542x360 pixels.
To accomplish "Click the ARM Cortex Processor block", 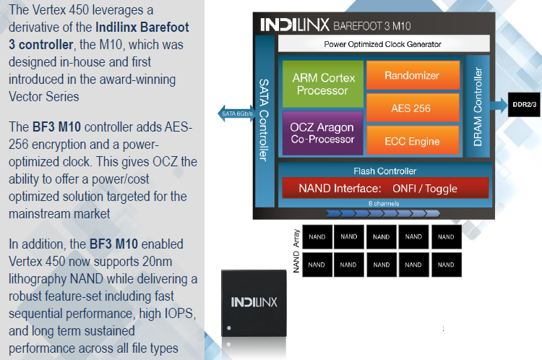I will tap(320, 84).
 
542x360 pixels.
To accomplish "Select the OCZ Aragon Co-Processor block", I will tap(322, 133).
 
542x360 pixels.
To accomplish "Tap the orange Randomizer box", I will tap(413, 75).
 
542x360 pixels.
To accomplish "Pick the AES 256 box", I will tap(413, 108).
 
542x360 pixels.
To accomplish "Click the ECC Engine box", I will tap(413, 141).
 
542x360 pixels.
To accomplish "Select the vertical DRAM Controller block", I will tap(477, 108).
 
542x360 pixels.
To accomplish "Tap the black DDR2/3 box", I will tap(525, 104).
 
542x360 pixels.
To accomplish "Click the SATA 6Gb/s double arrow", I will tap(235, 113).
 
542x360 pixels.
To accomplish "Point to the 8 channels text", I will tap(384, 203).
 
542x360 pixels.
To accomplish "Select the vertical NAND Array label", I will tap(296, 250).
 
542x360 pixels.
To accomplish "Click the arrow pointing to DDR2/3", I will tap(499, 104).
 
